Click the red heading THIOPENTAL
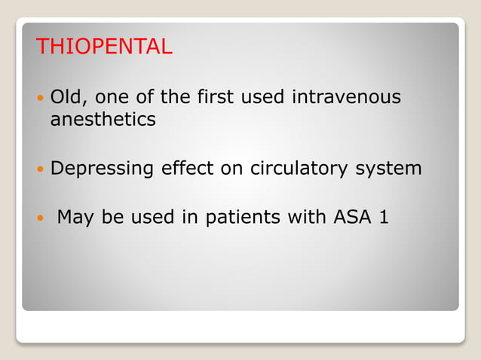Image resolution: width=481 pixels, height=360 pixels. (104, 47)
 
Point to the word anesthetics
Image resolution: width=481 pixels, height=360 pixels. (103, 120)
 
